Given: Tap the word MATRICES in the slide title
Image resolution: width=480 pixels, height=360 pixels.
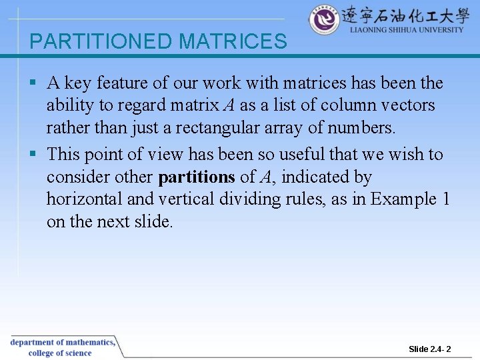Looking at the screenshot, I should click(233, 41).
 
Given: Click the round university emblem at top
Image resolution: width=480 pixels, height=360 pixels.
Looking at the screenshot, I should click(324, 20).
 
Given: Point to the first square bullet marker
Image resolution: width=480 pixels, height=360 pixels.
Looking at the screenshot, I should click(33, 83).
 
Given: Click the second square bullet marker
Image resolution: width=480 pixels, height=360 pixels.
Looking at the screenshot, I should click(33, 155).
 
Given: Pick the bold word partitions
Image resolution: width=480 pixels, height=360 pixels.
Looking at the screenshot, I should click(197, 177).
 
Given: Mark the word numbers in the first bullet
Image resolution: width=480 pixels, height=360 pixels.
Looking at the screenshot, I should click(366, 127).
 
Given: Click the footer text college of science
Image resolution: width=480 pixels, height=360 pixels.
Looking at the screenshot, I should click(60, 353).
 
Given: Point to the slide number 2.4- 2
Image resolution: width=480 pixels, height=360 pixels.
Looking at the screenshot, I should click(430, 349).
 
